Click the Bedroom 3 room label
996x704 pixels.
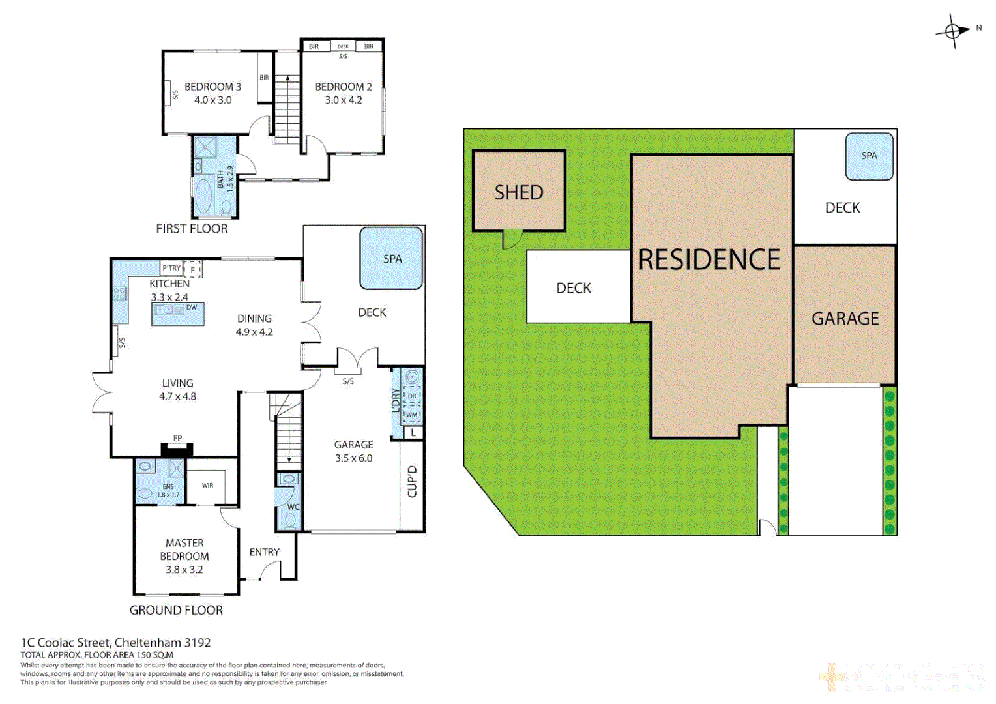(x=212, y=87)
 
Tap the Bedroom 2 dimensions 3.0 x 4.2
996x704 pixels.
(x=344, y=100)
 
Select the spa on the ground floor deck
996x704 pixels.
(x=392, y=259)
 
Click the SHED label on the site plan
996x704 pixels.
(x=519, y=192)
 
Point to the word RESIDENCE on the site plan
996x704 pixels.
(x=709, y=260)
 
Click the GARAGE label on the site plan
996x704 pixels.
(x=845, y=318)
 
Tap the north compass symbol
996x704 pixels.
(x=953, y=31)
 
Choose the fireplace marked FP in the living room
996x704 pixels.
(x=177, y=448)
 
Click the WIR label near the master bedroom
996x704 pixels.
(x=207, y=486)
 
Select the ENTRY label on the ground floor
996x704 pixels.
(x=264, y=552)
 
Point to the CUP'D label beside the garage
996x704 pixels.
(x=412, y=482)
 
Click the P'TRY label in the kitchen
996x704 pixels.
(x=171, y=268)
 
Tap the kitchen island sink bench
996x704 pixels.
(x=178, y=314)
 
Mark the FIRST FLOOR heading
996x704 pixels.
(x=192, y=229)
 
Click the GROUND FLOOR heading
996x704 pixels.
(x=176, y=610)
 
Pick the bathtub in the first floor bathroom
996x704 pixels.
(x=203, y=197)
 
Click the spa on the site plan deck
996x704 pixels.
(x=869, y=156)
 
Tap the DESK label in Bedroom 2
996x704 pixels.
(x=343, y=46)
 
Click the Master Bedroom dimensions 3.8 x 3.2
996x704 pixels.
(x=184, y=570)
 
